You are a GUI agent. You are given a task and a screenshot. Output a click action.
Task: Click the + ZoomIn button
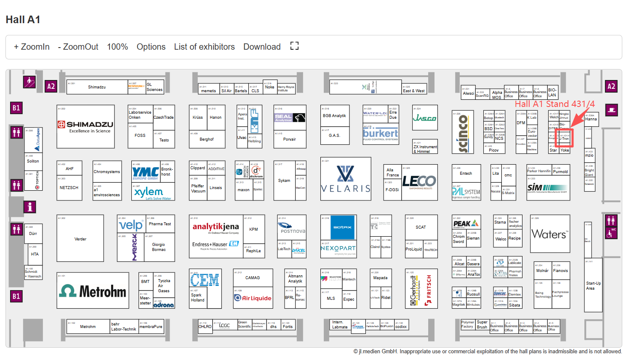[32, 47]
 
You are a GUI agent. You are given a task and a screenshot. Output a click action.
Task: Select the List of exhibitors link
[204, 47]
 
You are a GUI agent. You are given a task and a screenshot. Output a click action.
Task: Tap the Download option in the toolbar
[261, 47]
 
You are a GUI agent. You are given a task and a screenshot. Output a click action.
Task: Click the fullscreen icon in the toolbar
[294, 46]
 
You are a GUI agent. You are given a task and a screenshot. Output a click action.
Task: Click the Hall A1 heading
[23, 20]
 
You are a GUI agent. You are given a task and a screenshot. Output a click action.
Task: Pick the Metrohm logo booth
[93, 291]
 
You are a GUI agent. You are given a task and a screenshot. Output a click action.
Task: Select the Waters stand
[549, 234]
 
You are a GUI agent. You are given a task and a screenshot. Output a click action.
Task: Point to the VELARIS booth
[345, 179]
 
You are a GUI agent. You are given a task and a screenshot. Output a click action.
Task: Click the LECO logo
[419, 181]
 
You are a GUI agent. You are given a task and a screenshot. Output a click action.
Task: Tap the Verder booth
[80, 239]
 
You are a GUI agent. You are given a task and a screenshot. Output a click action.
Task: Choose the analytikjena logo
[216, 227]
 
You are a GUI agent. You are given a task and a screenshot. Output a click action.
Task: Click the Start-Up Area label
[593, 285]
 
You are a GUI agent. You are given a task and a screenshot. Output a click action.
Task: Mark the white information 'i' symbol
[29, 207]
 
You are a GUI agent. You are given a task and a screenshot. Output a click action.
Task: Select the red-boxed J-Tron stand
[564, 138]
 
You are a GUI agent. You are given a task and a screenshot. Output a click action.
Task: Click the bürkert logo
[380, 134]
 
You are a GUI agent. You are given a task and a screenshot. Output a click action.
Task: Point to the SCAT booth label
[421, 227]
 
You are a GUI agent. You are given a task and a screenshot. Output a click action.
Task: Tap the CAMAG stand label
[252, 278]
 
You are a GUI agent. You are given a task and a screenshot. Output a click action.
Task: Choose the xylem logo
[149, 192]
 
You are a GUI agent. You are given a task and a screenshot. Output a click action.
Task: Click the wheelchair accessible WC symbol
[610, 233]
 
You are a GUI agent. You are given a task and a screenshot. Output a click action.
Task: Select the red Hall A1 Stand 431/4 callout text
[554, 104]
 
